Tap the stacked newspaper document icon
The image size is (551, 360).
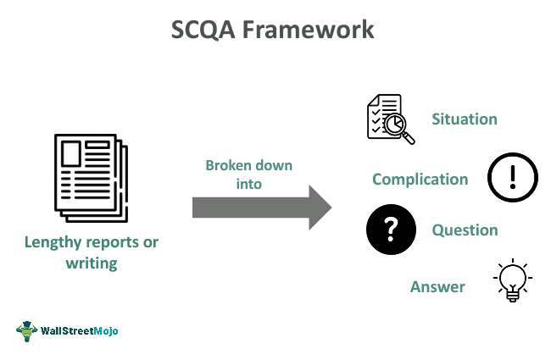[89, 174]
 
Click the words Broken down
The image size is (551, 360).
[249, 165]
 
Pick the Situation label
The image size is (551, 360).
[465, 119]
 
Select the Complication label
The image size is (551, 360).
[420, 180]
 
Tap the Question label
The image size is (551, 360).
[465, 230]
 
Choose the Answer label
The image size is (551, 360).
[437, 287]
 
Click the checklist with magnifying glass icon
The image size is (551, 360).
[389, 119]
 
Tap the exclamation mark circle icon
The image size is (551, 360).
[512, 178]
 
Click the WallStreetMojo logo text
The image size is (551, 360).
[80, 331]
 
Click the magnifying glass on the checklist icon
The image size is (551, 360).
[398, 127]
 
